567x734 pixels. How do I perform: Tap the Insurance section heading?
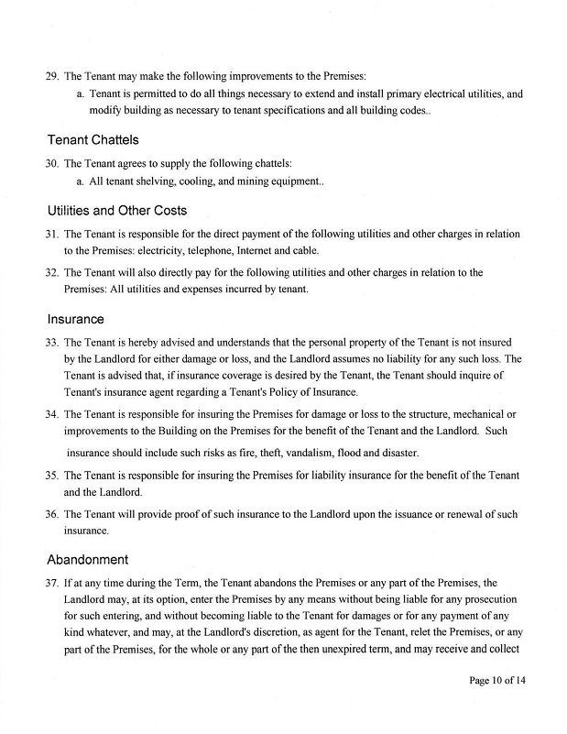point(75,320)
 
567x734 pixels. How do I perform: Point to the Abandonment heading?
point(88,559)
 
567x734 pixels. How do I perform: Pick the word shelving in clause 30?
point(153,182)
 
